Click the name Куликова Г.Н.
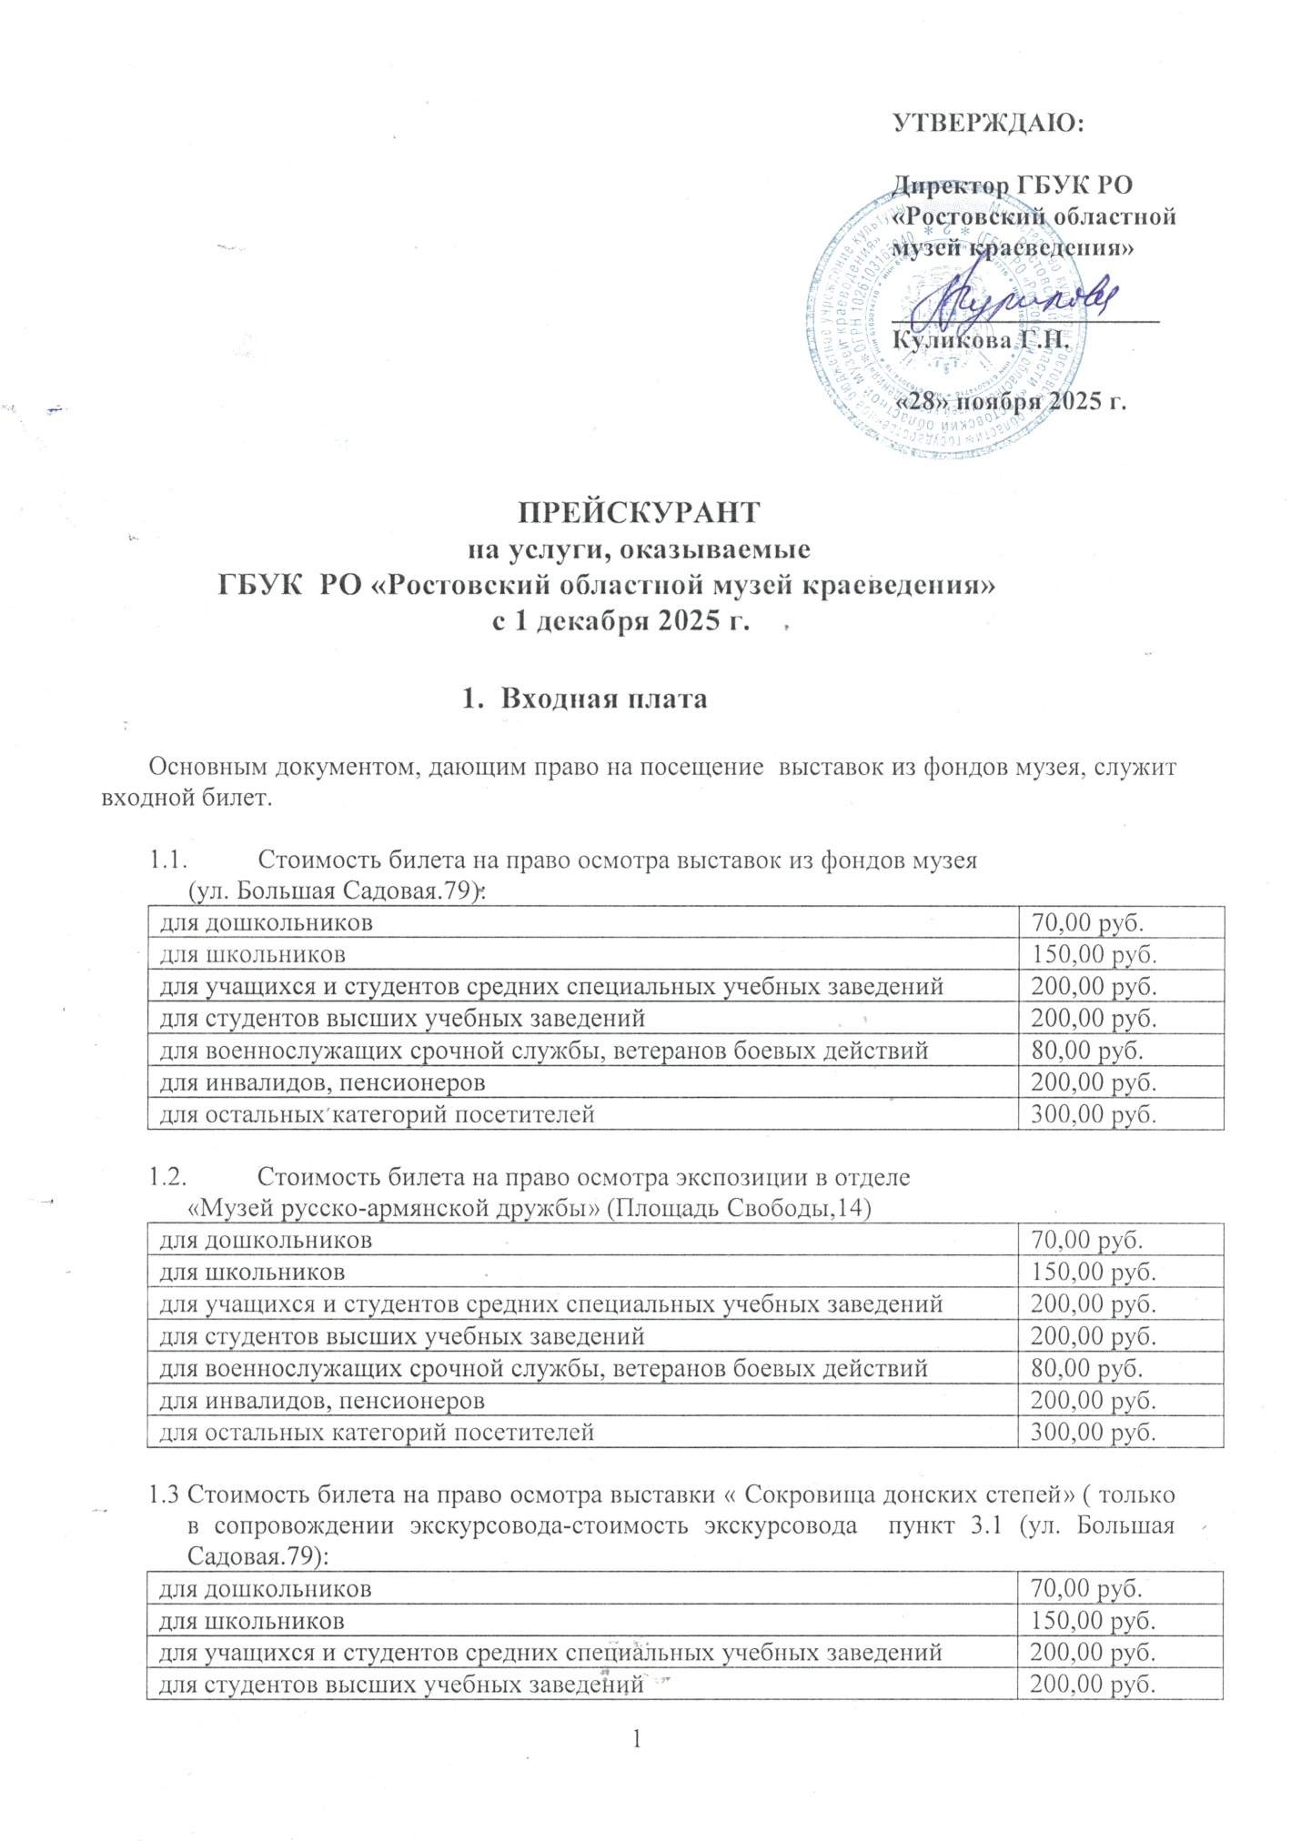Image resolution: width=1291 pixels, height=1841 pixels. [x=978, y=340]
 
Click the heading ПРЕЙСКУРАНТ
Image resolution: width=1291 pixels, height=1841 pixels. [x=638, y=512]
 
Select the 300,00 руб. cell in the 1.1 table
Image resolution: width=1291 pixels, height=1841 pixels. [x=1092, y=1113]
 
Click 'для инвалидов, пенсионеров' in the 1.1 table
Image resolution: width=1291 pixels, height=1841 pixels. [x=322, y=1082]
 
